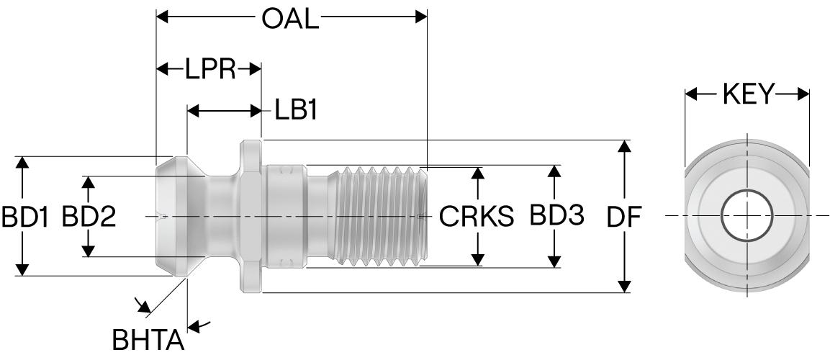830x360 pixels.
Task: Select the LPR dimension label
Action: (210, 69)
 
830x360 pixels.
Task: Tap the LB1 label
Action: (297, 111)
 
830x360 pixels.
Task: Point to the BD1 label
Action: (24, 217)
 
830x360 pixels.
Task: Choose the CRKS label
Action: (477, 217)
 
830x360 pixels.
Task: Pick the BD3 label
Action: (556, 215)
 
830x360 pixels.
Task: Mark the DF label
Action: (624, 217)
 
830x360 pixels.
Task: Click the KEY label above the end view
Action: (747, 94)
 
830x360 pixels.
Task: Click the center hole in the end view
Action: (747, 216)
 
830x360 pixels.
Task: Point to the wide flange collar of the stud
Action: (249, 216)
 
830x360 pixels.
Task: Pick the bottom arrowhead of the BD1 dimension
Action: (24, 269)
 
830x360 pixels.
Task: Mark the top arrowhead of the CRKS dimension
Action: (477, 174)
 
